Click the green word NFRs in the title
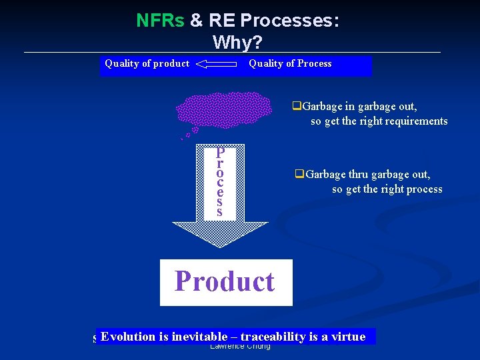point(160,21)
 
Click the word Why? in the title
point(237,43)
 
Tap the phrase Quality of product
point(147,64)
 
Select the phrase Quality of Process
point(290,64)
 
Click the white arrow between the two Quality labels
point(218,65)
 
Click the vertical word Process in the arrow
point(220,181)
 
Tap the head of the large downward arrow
point(220,234)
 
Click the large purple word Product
point(225,281)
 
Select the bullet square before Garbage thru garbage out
point(299,175)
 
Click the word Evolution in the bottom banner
point(128,337)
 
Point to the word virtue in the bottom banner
point(349,337)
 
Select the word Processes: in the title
point(289,21)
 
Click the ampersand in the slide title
point(197,21)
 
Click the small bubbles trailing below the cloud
point(191,133)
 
